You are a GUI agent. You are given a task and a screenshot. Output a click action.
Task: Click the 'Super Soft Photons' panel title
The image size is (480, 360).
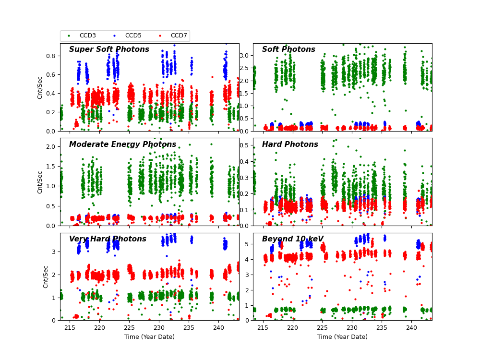[x=109, y=49]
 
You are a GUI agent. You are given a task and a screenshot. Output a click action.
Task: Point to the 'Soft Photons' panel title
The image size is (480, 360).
[x=288, y=49]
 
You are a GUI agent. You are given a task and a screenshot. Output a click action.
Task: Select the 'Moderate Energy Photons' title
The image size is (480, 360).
[x=122, y=144]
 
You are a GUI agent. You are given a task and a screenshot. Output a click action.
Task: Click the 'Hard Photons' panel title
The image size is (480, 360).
[x=290, y=144]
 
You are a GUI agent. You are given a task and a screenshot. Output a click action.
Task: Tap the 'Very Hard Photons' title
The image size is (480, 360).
[x=108, y=239]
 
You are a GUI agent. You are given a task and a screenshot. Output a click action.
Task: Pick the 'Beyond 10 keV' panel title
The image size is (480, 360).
[x=293, y=239]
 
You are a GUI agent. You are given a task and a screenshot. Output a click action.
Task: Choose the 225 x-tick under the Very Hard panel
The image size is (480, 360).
[x=129, y=328]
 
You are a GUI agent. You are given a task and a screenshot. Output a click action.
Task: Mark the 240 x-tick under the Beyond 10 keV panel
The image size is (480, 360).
[x=411, y=328]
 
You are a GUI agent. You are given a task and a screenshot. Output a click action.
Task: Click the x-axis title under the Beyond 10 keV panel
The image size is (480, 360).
[x=342, y=337]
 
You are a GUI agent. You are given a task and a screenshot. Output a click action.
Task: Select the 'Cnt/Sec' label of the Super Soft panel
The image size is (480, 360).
[x=40, y=87]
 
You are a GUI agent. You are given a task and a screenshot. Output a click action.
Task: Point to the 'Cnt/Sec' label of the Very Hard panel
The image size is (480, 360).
[x=46, y=276]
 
